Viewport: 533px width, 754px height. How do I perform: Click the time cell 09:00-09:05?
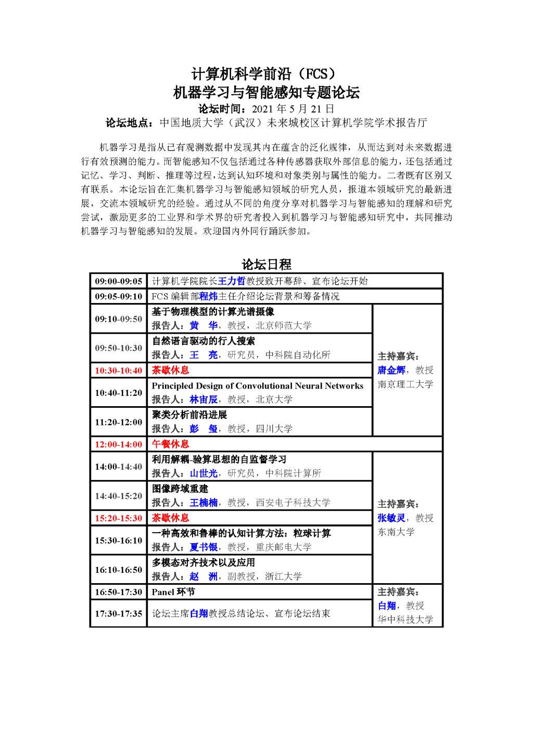coord(118,281)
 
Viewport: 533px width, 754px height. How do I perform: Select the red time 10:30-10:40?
coord(118,370)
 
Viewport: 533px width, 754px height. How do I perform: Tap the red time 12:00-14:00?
coord(118,444)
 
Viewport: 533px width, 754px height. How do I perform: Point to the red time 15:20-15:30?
coord(118,518)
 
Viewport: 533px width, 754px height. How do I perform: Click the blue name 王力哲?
coord(231,281)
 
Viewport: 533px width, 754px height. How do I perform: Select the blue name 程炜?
coord(209,296)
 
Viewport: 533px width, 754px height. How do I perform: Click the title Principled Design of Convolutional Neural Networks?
coord(257,386)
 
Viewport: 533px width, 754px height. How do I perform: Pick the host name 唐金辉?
coord(391,370)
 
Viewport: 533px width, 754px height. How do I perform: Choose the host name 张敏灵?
coord(391,518)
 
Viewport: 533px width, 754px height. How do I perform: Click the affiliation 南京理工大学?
coord(405,384)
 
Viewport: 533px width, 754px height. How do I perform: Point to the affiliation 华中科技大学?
coord(405,620)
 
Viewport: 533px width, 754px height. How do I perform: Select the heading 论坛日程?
coord(266,264)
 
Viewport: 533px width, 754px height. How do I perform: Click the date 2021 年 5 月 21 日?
coord(292,109)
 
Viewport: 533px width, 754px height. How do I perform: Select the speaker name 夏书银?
coord(204,547)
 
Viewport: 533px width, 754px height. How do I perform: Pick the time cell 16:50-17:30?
coord(118,592)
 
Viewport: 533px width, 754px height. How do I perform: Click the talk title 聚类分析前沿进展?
coord(189,415)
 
